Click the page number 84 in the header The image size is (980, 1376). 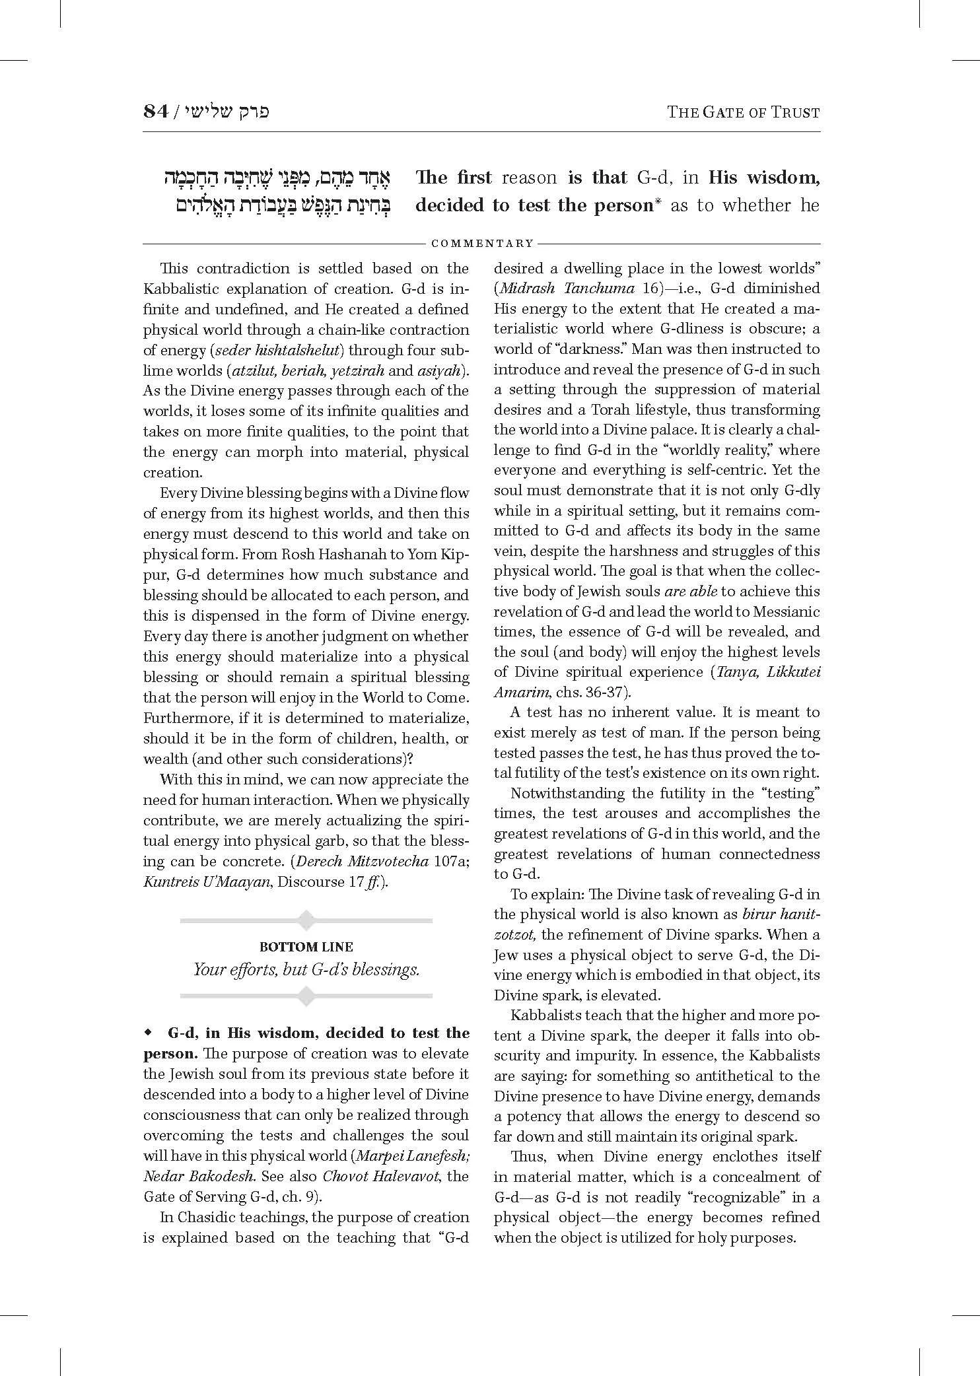(156, 111)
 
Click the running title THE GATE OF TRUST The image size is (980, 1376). (743, 112)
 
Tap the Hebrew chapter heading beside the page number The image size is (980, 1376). (227, 111)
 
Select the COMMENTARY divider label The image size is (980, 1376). (482, 244)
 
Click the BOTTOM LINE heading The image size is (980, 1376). (306, 947)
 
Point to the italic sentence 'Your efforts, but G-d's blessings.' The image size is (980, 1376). (306, 969)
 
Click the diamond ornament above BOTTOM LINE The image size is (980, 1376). (306, 920)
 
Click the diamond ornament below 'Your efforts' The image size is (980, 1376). (306, 996)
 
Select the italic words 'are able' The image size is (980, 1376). (691, 591)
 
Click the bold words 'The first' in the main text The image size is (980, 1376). (454, 178)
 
